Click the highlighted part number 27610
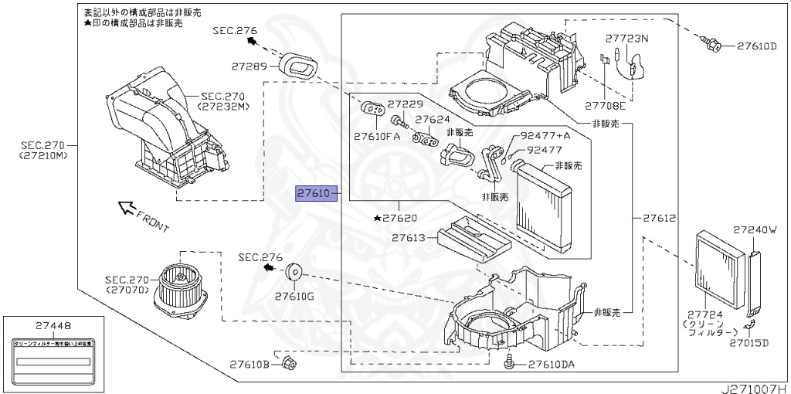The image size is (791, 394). [x=314, y=192]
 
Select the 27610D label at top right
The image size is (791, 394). [x=756, y=46]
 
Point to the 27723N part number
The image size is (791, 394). [x=626, y=38]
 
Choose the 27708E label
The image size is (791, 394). [x=604, y=105]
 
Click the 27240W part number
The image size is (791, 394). [x=754, y=229]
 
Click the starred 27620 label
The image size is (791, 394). [x=399, y=219]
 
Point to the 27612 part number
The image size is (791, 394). [x=659, y=218]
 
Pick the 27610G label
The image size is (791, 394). [x=294, y=296]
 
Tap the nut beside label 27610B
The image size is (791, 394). [x=287, y=363]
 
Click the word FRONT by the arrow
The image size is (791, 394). [x=152, y=222]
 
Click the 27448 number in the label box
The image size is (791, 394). [x=51, y=325]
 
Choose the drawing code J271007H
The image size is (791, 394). [x=755, y=387]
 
